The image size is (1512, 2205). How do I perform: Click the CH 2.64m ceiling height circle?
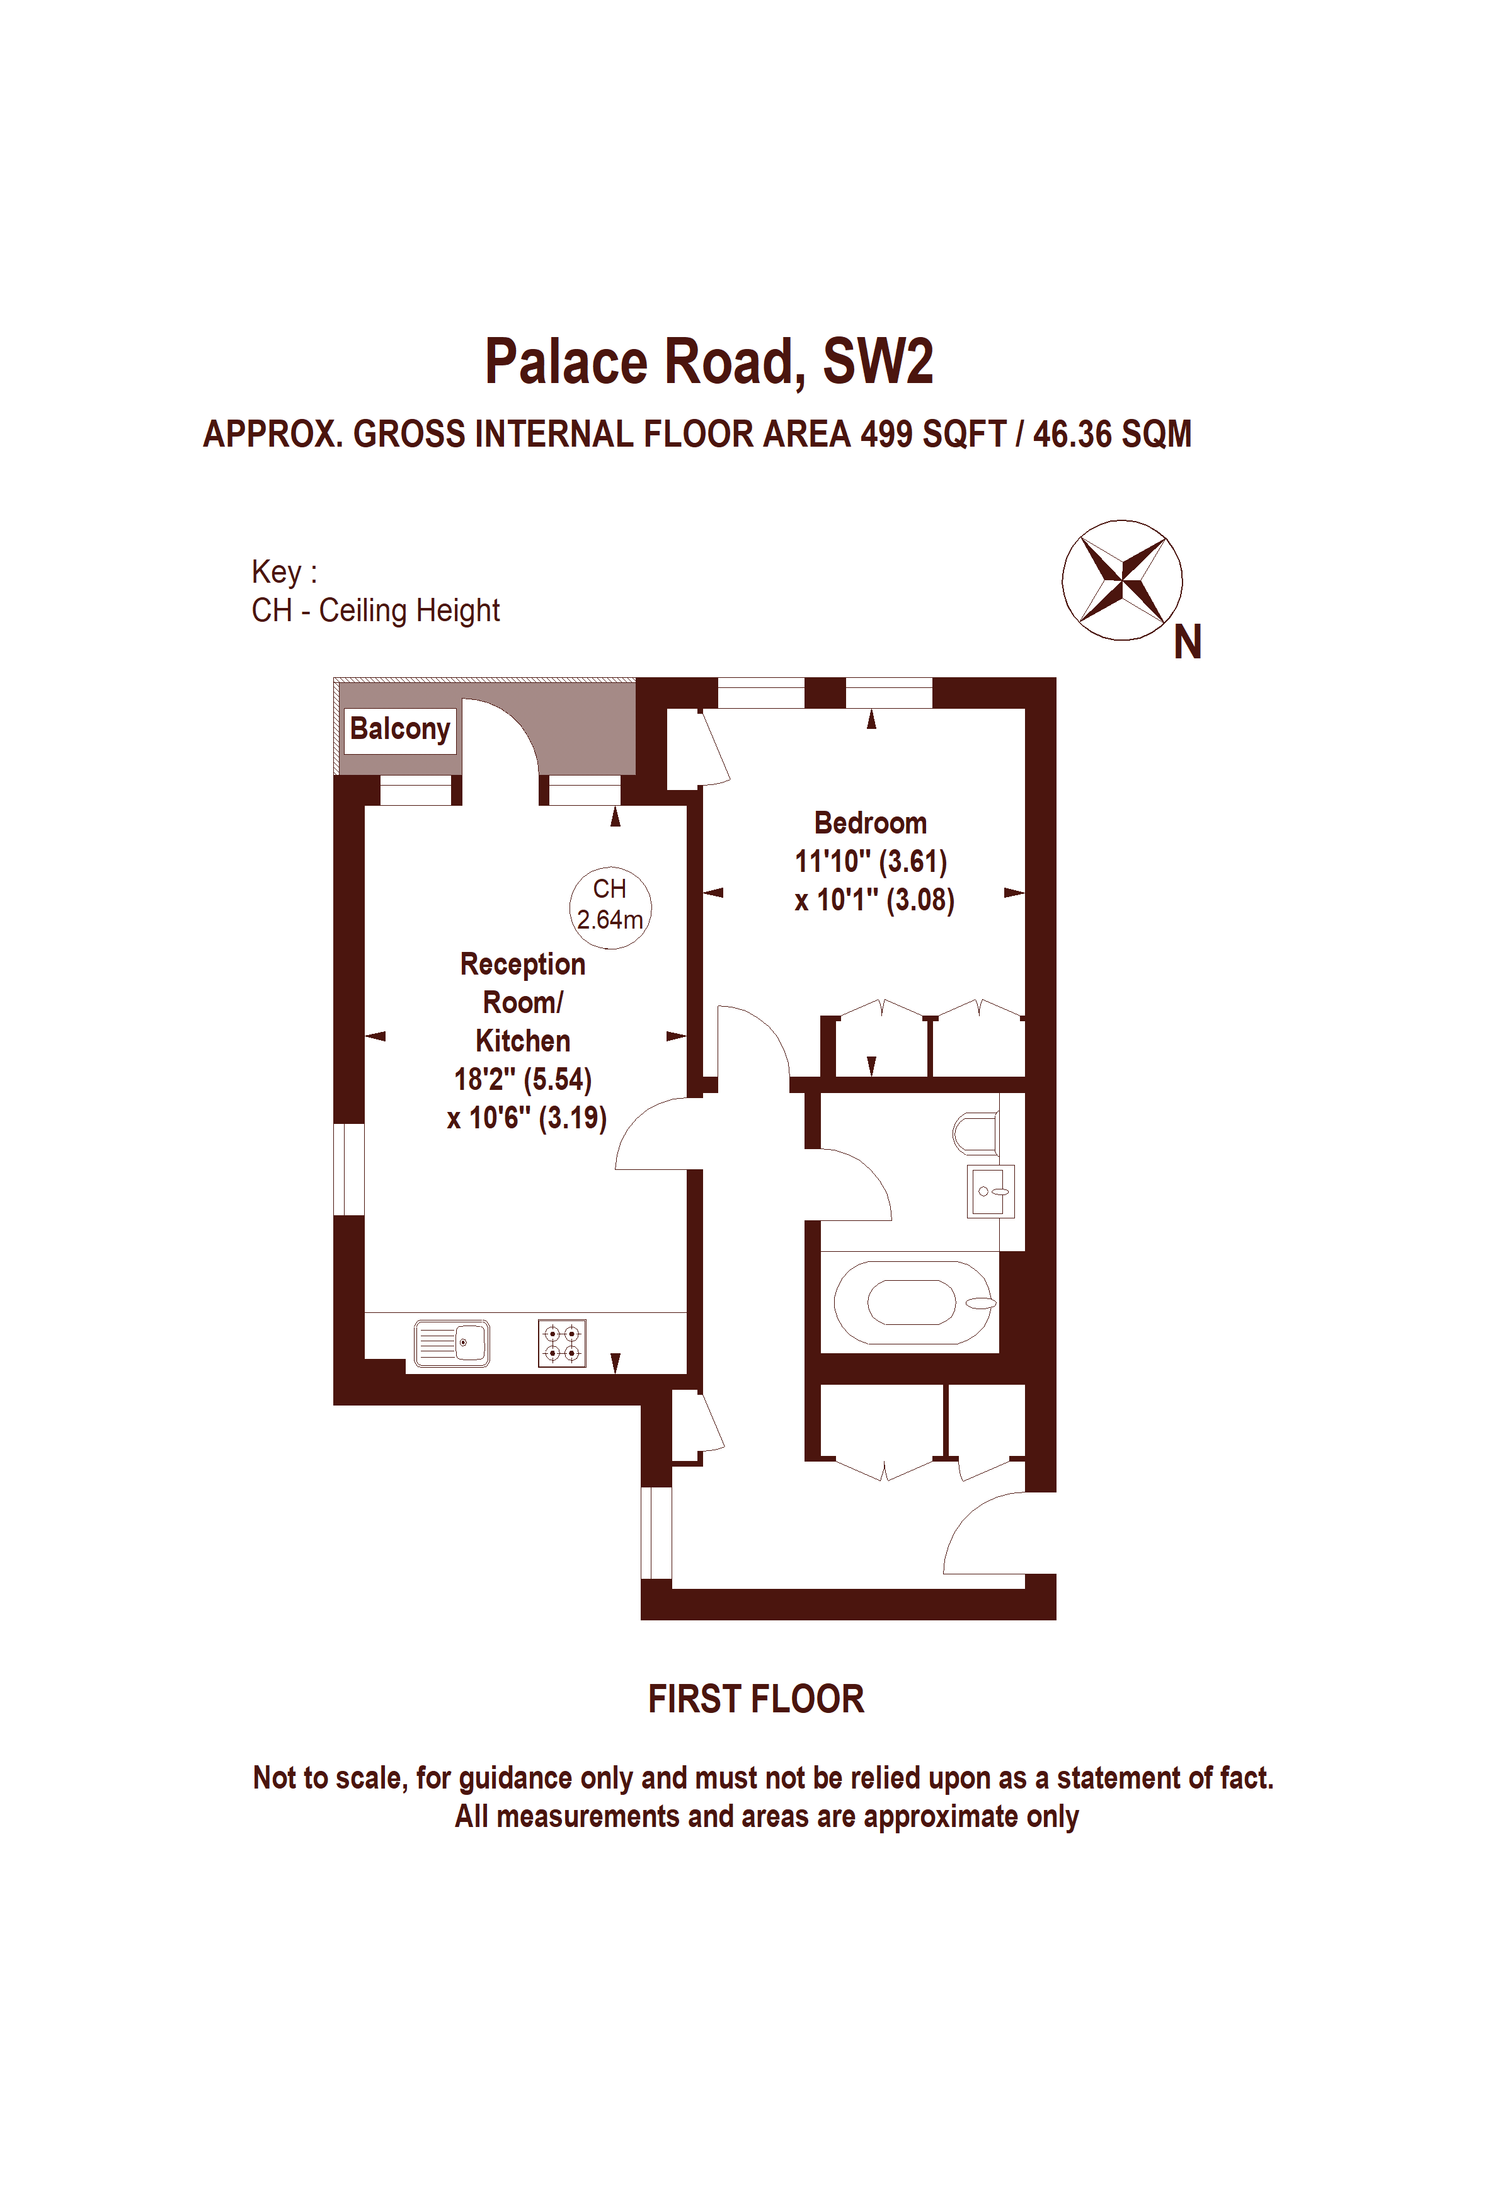610,906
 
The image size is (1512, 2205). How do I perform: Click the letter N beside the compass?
1187,643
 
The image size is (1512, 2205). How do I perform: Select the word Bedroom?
870,823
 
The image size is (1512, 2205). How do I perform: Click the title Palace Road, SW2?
709,362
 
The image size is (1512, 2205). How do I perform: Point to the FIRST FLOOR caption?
756,1699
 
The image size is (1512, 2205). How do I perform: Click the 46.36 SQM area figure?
1112,435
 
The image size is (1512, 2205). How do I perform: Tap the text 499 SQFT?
932,435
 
